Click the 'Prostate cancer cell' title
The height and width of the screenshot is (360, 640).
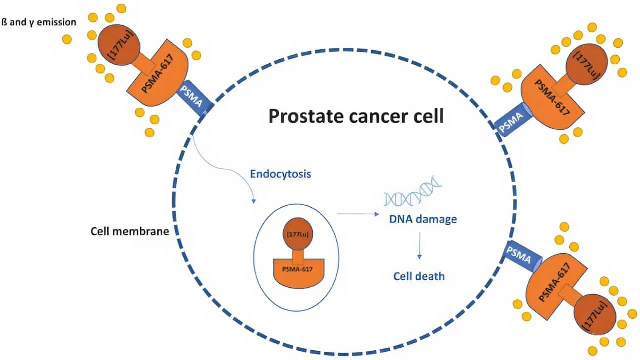(x=356, y=116)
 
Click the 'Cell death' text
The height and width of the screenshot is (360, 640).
(x=419, y=276)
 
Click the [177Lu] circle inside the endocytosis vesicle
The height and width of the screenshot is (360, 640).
(x=297, y=234)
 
